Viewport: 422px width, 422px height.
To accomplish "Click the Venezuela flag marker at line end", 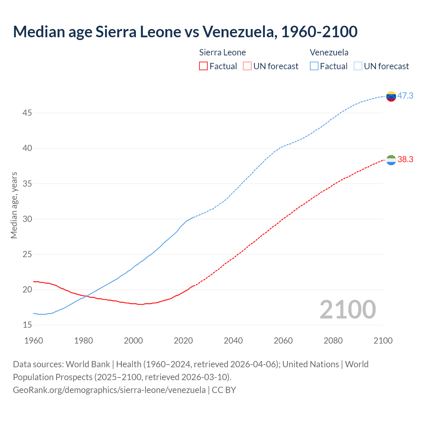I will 391,96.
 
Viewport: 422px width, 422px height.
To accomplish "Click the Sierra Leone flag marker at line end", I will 391,160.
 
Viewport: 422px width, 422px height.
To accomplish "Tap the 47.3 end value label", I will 405,96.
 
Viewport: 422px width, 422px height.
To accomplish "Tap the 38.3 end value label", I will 405,159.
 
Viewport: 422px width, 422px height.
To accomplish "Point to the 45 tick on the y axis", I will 27,113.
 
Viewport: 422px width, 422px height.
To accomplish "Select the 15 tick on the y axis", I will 27,325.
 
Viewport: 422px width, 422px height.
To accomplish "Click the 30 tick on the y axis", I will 27,219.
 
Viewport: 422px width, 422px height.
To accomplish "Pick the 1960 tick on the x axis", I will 34,341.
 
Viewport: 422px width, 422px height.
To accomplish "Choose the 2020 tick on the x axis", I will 183,341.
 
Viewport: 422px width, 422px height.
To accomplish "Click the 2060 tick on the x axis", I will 283,341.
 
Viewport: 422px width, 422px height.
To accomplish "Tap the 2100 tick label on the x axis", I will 383,341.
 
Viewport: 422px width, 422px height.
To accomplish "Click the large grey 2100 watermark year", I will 347,309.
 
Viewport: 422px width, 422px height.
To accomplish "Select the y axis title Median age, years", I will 14,205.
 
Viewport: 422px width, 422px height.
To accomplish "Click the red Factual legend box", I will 203,66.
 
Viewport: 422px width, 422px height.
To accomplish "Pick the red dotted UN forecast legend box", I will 247,66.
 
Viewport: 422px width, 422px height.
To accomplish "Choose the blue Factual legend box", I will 314,66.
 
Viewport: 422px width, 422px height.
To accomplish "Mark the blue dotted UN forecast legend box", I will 358,66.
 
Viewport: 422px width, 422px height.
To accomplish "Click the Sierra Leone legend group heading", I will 223,52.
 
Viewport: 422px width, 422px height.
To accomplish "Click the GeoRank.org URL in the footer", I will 109,390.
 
